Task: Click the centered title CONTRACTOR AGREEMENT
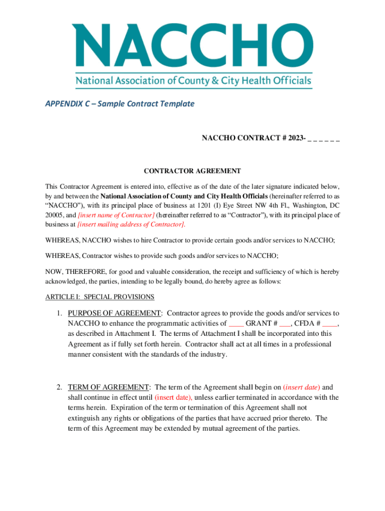[192, 171]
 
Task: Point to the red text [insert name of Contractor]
[116, 215]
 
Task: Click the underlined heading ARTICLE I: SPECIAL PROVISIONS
[100, 297]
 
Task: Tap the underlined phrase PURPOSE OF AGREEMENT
[114, 313]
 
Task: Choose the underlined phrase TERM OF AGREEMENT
[108, 387]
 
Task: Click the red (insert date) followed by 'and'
[301, 387]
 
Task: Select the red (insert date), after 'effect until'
[173, 398]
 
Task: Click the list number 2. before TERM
[59, 387]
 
